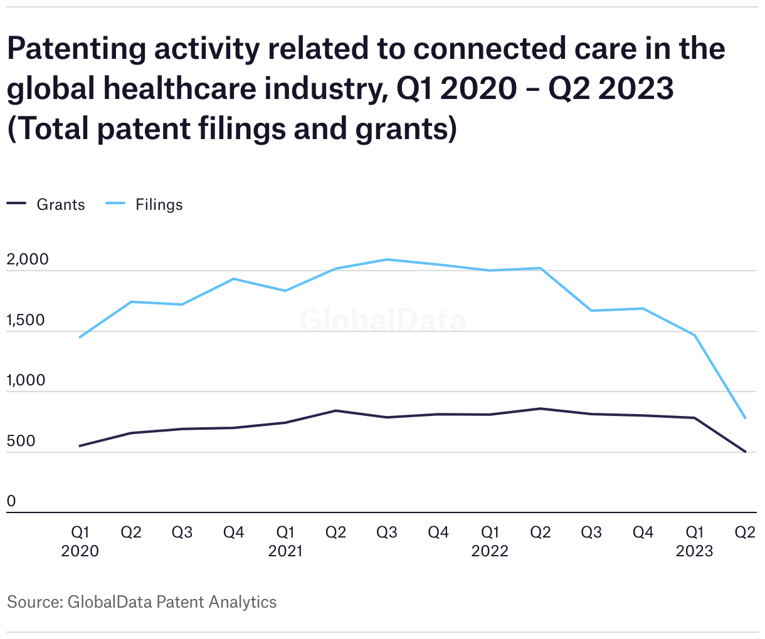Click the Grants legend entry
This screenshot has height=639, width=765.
[46, 204]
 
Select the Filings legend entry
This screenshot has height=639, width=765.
[144, 204]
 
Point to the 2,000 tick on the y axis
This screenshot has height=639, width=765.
[28, 259]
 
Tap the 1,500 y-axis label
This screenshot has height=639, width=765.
[26, 320]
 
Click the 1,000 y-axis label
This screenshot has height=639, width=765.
[26, 380]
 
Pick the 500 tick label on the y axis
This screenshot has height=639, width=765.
[21, 440]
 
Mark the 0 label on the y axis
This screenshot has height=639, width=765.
[11, 501]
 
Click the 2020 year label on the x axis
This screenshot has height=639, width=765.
[80, 551]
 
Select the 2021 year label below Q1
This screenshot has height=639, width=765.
[285, 551]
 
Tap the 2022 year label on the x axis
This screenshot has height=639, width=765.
[490, 551]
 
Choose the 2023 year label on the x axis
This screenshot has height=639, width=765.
[694, 551]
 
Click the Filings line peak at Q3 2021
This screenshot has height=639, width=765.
[387, 259]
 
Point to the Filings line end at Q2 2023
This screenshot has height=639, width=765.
[745, 418]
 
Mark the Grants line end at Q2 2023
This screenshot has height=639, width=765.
[745, 452]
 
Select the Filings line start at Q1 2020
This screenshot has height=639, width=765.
[80, 337]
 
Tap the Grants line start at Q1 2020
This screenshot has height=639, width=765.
[80, 446]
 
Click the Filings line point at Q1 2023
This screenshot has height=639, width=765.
[695, 335]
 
